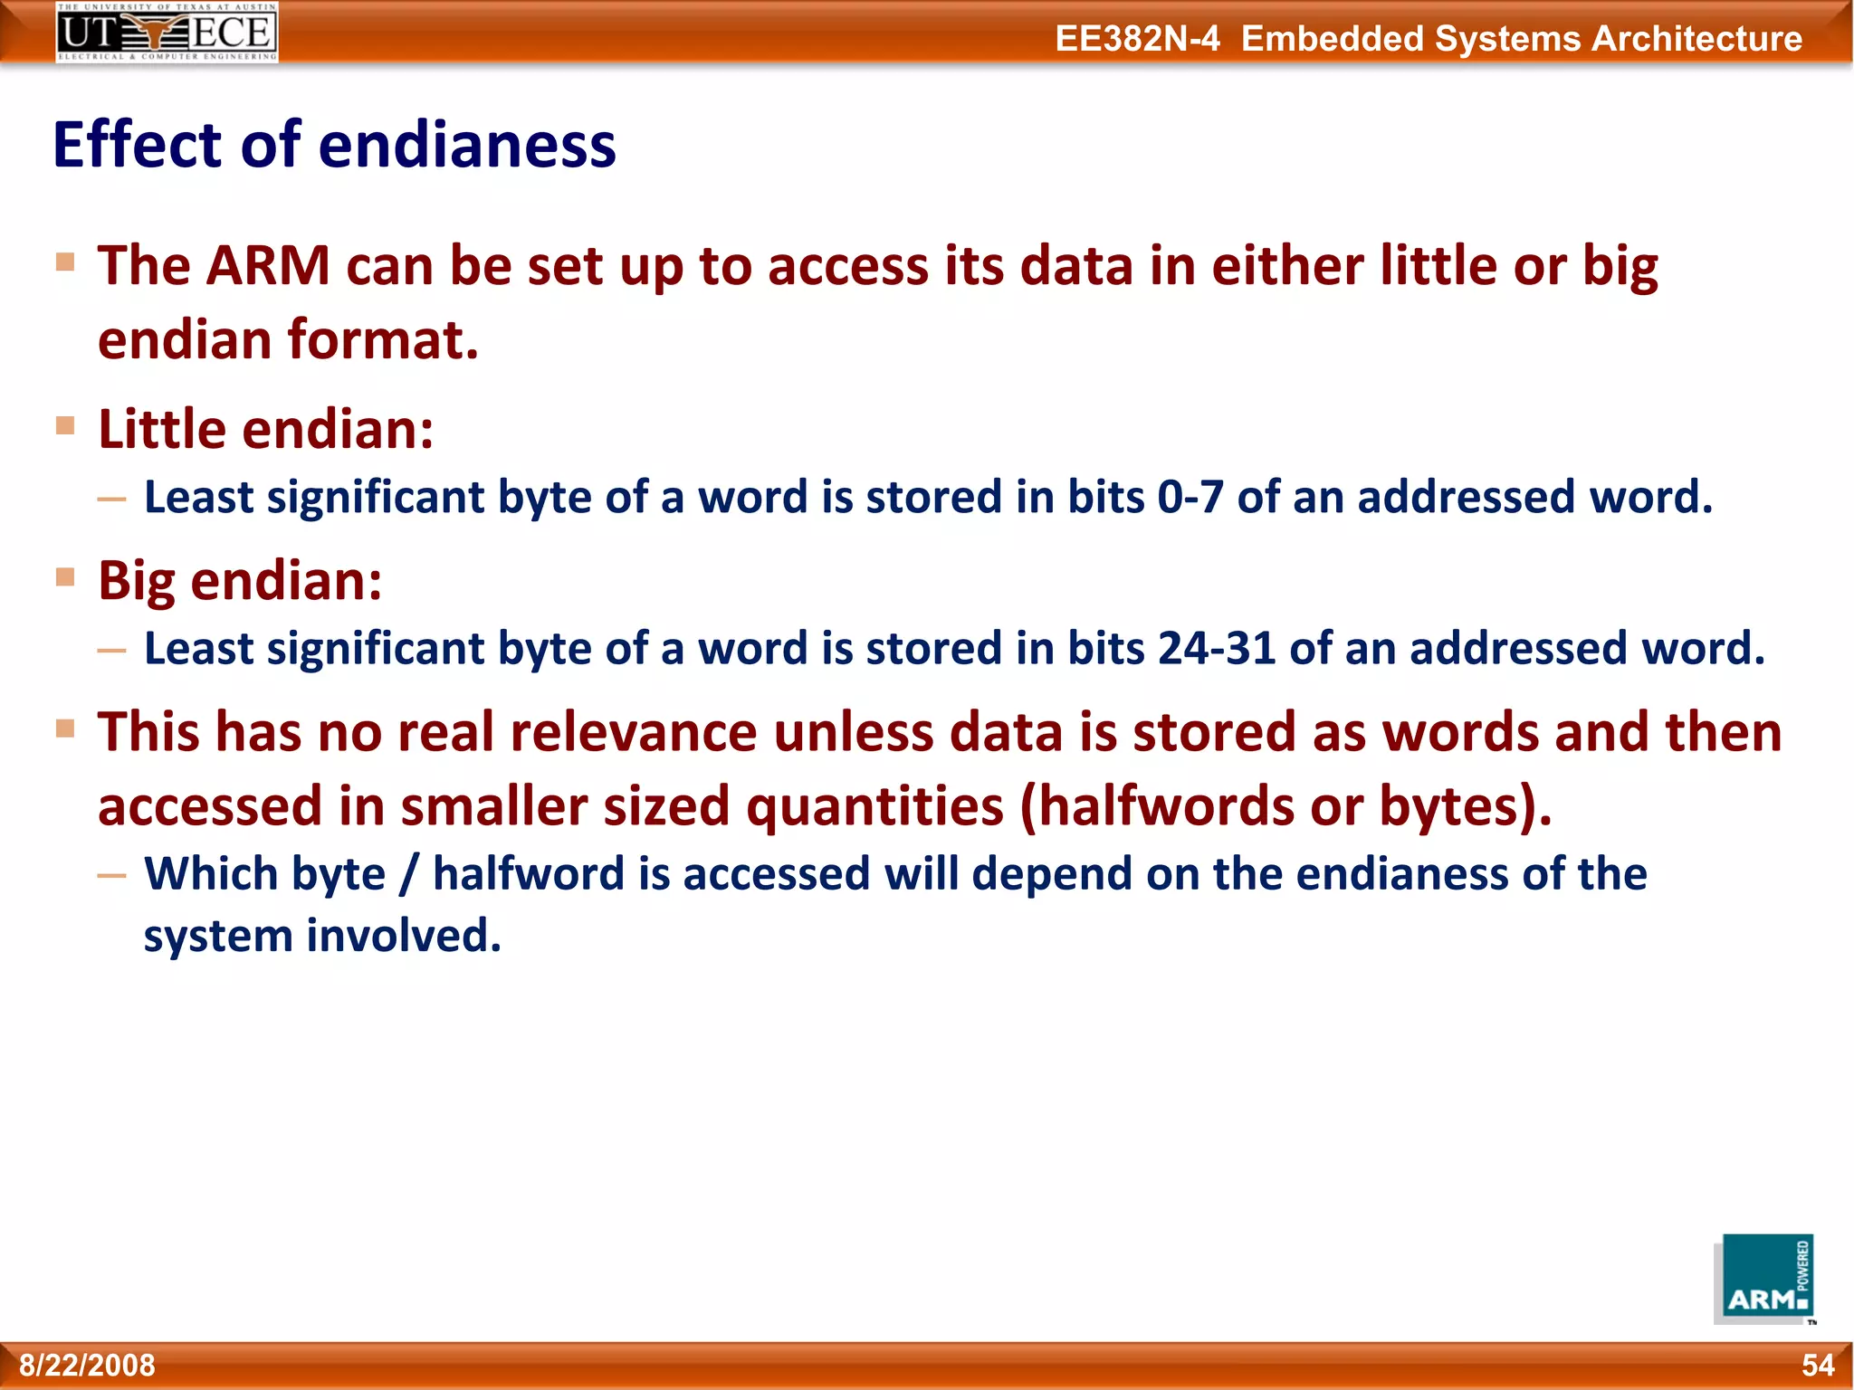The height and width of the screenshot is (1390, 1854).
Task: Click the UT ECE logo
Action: pyautogui.click(x=167, y=33)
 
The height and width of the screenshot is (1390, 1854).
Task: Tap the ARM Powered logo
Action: pyautogui.click(x=1764, y=1279)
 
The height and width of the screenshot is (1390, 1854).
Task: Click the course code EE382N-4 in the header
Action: pyautogui.click(x=1137, y=39)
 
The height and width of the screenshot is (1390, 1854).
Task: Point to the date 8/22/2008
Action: pyautogui.click(x=87, y=1365)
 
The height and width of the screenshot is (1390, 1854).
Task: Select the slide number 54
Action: pyautogui.click(x=1818, y=1365)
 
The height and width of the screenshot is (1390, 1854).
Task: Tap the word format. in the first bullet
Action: pyautogui.click(x=383, y=340)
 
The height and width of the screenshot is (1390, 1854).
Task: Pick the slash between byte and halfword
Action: pyautogui.click(x=409, y=874)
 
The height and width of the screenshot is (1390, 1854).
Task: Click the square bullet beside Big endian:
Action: pyautogui.click(x=65, y=577)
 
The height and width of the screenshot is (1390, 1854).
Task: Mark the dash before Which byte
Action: pyautogui.click(x=112, y=875)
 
